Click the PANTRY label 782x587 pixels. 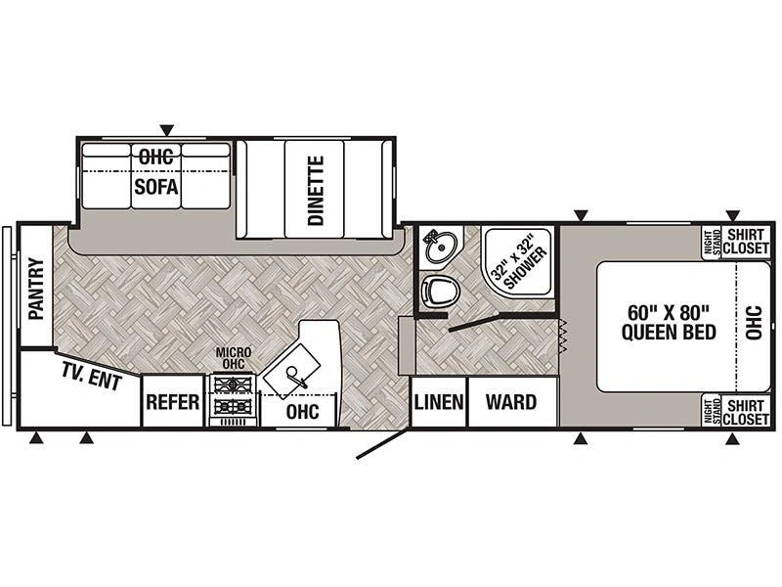coord(36,289)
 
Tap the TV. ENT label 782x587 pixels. coord(92,377)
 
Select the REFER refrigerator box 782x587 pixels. coord(173,401)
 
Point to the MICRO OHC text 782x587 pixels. coord(234,358)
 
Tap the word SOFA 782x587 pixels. coord(156,187)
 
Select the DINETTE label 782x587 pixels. coord(316,190)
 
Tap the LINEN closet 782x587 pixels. coord(439,402)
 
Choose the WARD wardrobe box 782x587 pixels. coord(512,402)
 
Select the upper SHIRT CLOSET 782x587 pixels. coord(746,242)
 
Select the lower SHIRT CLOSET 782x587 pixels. coord(746,412)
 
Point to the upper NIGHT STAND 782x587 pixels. coord(712,242)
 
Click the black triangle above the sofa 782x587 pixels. coord(167,130)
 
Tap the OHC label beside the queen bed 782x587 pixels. coord(754,323)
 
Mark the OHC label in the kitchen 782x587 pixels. coord(303,411)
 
